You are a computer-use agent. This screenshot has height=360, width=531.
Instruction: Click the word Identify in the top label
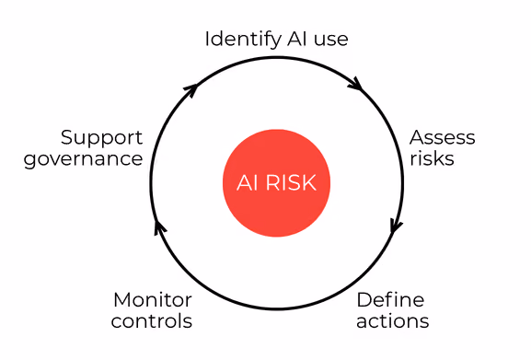[243, 40]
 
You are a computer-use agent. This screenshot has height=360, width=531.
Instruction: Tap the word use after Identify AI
[331, 40]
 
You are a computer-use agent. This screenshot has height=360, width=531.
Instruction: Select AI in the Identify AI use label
[297, 39]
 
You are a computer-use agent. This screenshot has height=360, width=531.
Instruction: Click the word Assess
[443, 137]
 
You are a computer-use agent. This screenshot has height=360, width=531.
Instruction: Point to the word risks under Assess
[432, 158]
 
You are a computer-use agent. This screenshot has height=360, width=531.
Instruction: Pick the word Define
[390, 300]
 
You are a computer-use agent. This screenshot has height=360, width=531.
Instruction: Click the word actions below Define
[393, 321]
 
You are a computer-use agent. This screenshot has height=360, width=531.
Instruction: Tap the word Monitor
[153, 300]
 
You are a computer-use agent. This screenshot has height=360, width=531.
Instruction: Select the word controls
[152, 321]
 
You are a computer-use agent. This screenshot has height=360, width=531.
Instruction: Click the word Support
[101, 138]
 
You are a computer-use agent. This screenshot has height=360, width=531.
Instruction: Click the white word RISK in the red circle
[291, 183]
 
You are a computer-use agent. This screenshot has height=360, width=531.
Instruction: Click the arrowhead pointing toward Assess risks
[355, 84]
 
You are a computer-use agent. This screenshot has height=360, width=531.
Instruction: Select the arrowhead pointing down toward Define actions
[397, 226]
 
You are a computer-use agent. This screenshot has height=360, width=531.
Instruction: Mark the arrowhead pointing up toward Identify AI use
[191, 89]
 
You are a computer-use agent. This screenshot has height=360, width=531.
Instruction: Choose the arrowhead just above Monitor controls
[159, 226]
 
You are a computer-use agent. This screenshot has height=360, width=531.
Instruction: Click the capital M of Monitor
[122, 300]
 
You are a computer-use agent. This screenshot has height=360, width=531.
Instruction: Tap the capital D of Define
[364, 300]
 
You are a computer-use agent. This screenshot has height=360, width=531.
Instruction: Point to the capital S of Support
[67, 137]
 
